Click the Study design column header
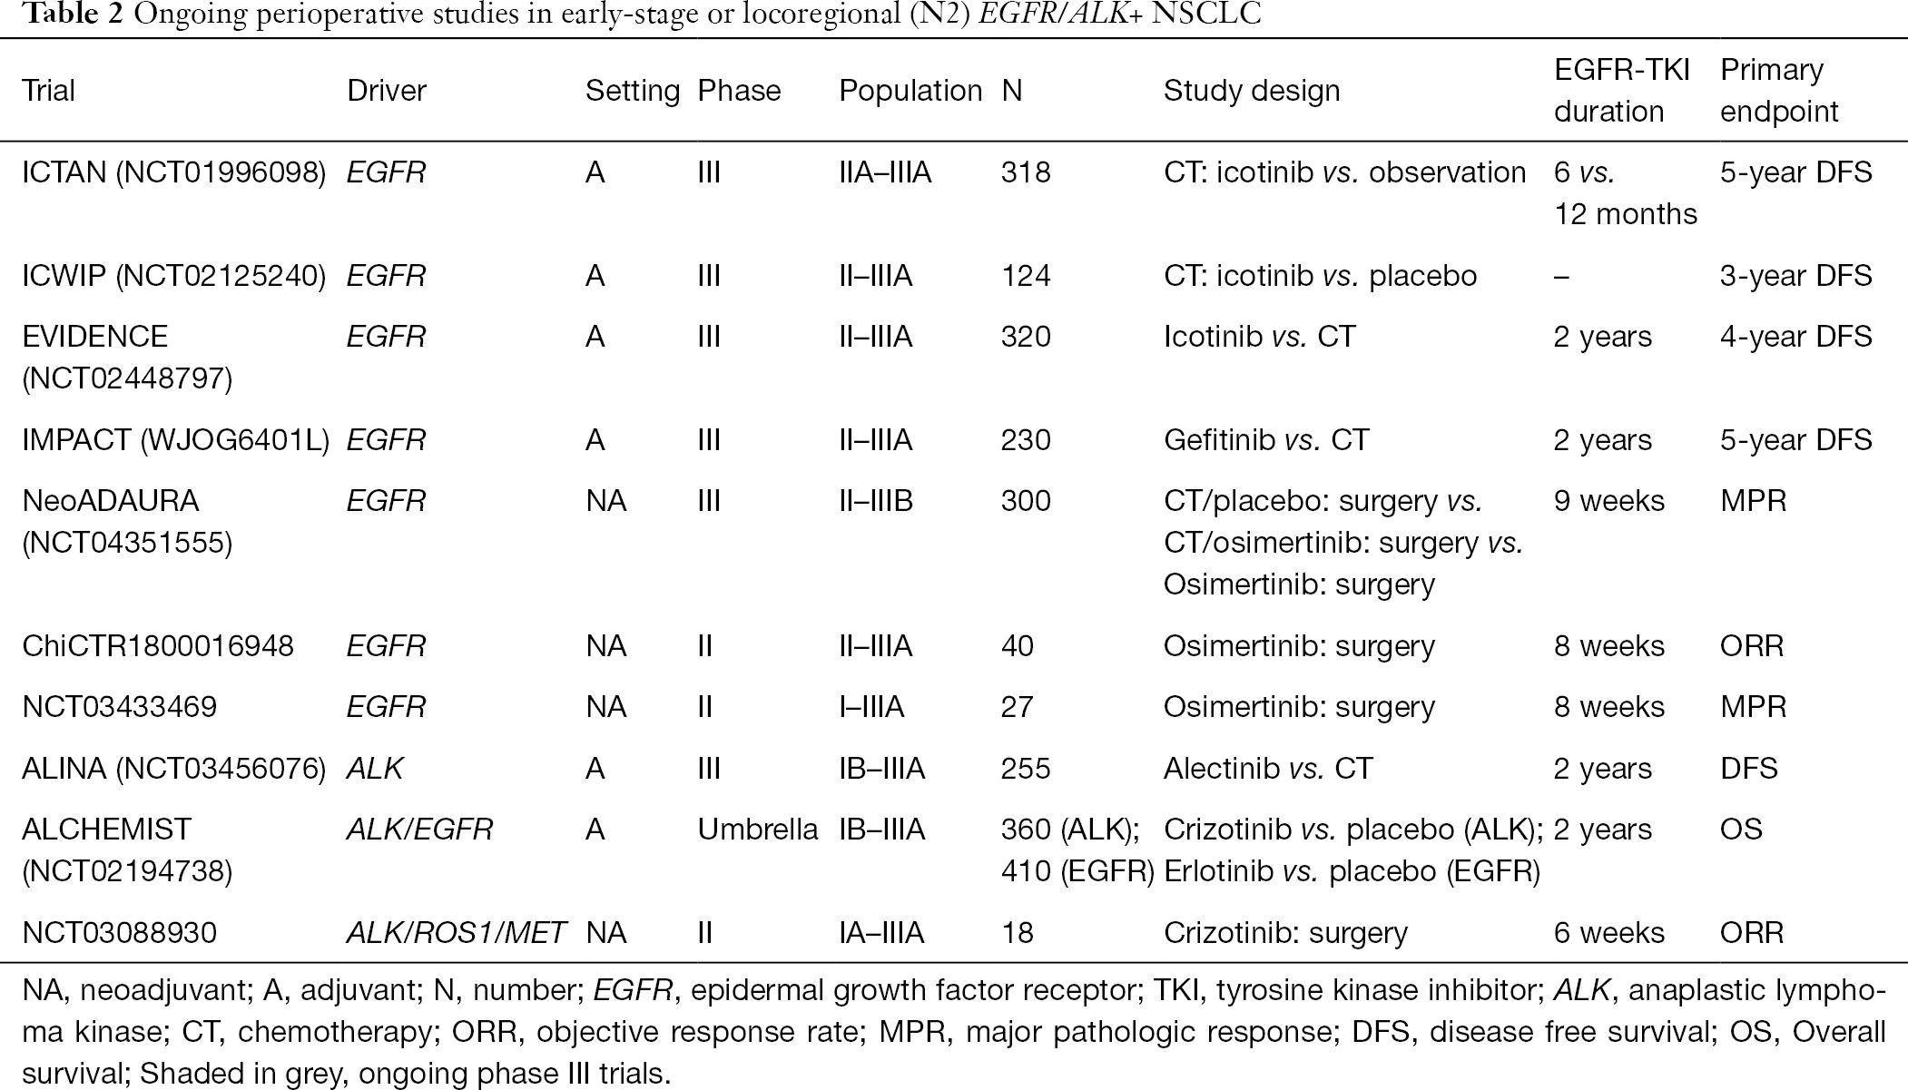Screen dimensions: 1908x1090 tap(1252, 91)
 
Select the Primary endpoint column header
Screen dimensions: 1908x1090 tap(1779, 91)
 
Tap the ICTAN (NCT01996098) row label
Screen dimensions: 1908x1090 tap(173, 172)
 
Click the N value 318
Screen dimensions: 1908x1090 tap(1026, 172)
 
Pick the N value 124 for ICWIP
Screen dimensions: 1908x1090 tap(1026, 276)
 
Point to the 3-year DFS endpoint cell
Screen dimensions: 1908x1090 tap(1795, 276)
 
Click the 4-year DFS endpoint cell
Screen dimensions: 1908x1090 tap(1795, 337)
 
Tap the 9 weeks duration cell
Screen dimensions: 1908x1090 tap(1609, 501)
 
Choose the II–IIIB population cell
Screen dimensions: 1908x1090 tap(876, 501)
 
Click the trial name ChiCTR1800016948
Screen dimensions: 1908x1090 tap(158, 646)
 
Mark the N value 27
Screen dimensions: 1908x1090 tap(1017, 707)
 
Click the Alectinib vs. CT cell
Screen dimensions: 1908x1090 tap(1268, 769)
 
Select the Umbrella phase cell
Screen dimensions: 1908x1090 tap(758, 830)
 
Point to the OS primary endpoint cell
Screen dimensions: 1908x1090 tap(1741, 830)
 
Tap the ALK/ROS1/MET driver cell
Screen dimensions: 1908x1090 tap(457, 933)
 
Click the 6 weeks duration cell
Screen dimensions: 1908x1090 tap(1609, 933)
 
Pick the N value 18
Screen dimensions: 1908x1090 tap(1018, 933)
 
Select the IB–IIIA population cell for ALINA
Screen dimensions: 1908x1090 tap(882, 769)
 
